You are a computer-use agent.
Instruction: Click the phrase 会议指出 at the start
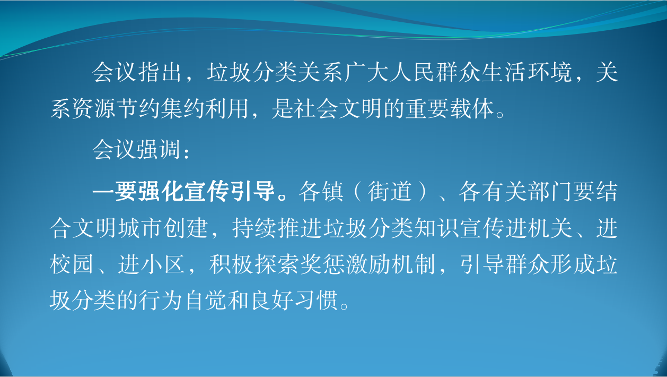tap(137, 72)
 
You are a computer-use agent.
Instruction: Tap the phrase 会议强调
tap(137, 149)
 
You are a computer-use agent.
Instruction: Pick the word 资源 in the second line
tap(95, 108)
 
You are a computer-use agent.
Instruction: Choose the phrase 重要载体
tap(450, 108)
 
